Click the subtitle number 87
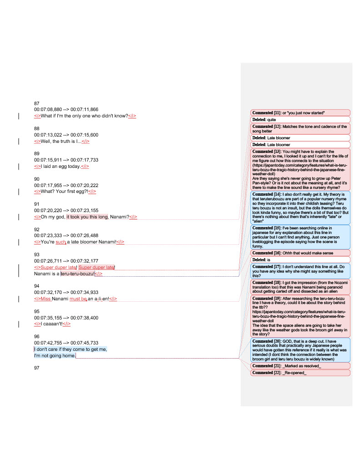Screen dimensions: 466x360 (37, 103)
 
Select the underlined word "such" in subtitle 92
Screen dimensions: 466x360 (61, 242)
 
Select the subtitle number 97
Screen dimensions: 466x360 (37, 368)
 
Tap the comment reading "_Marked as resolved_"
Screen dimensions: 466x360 (300, 366)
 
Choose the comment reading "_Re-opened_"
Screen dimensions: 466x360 (300, 373)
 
